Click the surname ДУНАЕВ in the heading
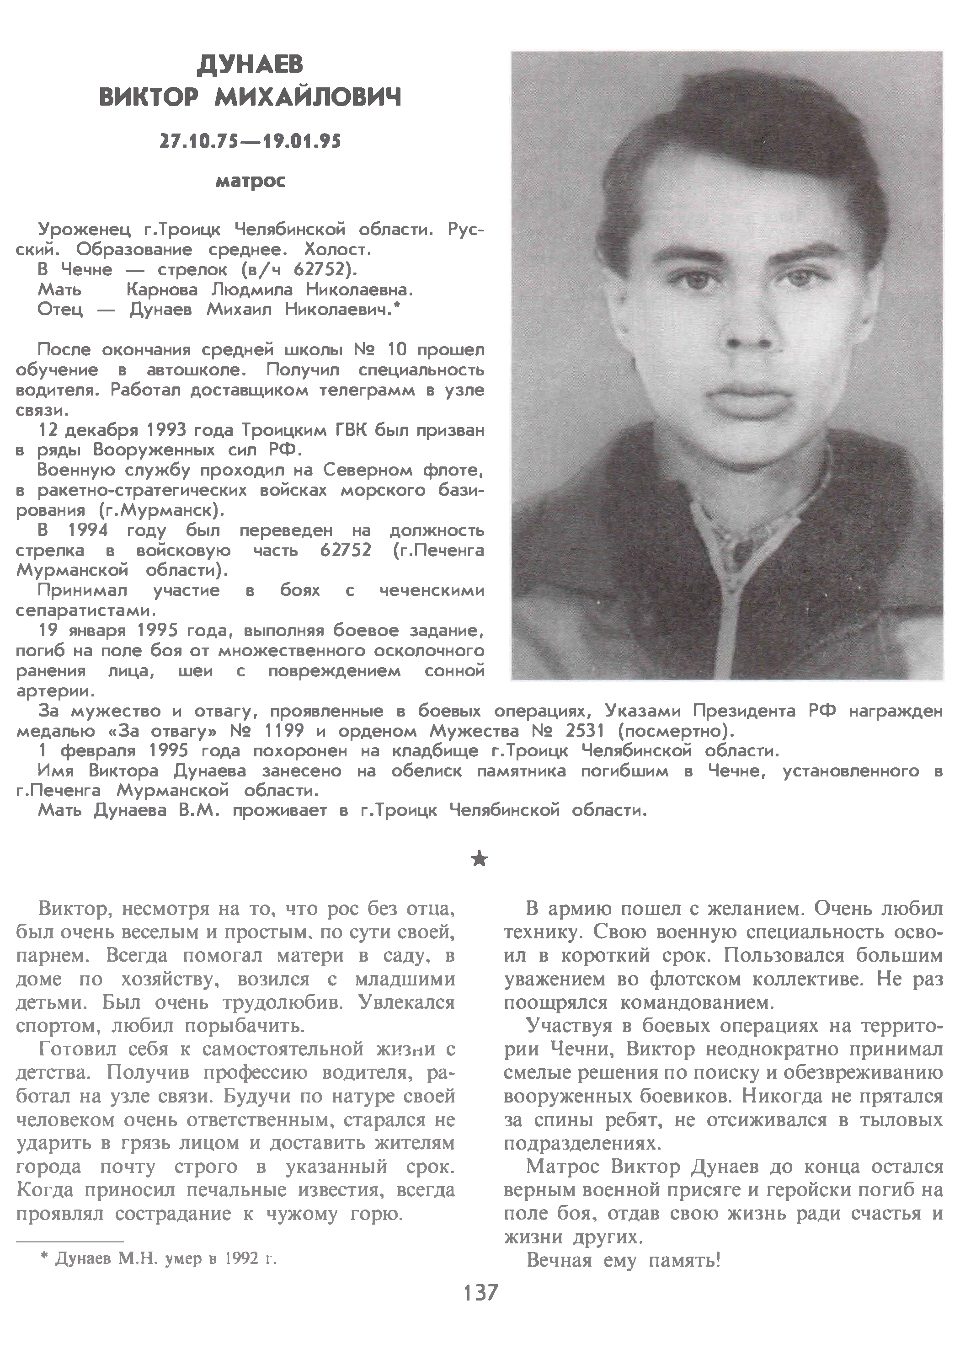[250, 65]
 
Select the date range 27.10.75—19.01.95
[250, 141]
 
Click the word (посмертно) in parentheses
[676, 731]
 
